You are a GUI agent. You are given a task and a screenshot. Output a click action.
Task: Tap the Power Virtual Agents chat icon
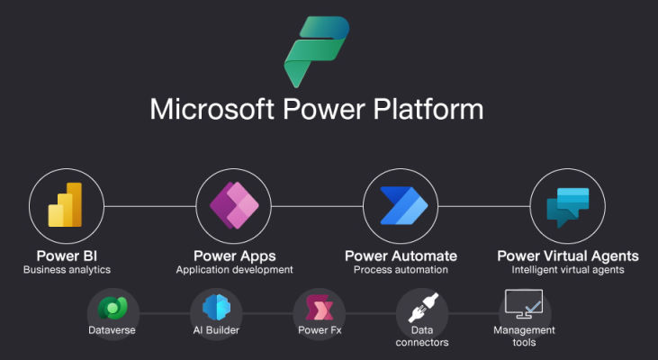coord(567,206)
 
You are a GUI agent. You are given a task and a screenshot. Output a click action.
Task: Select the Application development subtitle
coord(234,269)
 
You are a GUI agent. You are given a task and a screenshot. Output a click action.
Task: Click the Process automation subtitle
coord(401,269)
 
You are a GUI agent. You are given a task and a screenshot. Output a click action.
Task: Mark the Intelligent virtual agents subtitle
coord(568,269)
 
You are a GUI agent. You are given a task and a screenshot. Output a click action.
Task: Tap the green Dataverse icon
coord(113,308)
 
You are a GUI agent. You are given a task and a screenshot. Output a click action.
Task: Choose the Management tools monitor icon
coord(524,304)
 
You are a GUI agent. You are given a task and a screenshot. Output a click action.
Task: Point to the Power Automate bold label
coord(401,256)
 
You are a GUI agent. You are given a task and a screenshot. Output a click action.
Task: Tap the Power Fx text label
coord(320,330)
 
